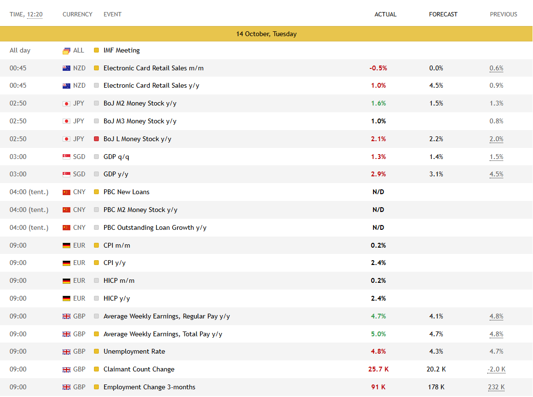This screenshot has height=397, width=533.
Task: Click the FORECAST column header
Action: [443, 14]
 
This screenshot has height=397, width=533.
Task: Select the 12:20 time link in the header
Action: [35, 14]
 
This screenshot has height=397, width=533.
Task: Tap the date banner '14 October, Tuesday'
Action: [266, 34]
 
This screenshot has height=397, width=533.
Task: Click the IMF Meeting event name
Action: [121, 50]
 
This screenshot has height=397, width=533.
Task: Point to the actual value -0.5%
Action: [378, 68]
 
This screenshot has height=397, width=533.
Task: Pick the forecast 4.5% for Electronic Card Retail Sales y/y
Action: [436, 85]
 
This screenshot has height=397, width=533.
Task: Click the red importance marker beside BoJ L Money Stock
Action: [96, 139]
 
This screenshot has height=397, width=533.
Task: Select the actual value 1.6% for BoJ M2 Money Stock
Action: [378, 103]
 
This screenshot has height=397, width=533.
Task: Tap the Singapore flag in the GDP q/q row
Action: [67, 157]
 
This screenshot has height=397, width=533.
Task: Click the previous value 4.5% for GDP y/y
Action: [496, 174]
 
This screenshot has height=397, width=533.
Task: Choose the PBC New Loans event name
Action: [126, 192]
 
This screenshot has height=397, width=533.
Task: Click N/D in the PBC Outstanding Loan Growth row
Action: [378, 227]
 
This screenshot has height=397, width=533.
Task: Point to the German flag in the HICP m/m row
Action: [67, 280]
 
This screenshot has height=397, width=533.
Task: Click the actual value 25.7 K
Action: [378, 369]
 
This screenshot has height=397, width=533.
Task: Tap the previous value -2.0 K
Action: [496, 369]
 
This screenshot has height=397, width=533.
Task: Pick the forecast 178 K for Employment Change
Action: [436, 387]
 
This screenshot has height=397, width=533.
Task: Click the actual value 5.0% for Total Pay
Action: [378, 334]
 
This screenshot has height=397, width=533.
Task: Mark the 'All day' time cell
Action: [20, 50]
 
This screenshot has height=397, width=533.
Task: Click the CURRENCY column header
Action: [77, 14]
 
